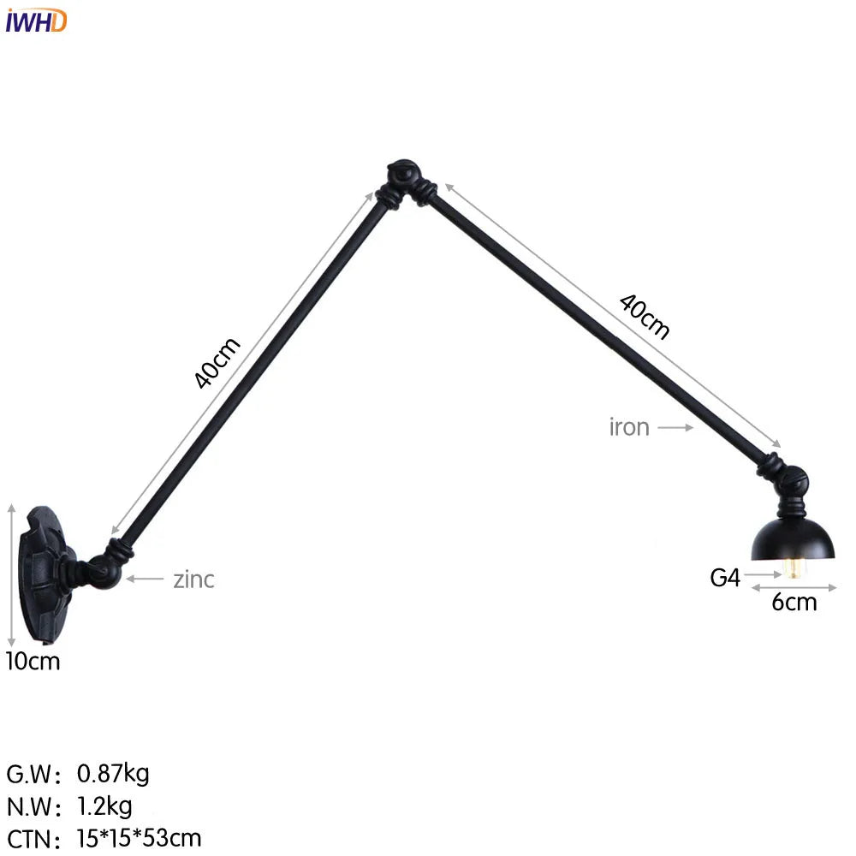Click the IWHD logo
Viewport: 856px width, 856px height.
click(x=35, y=20)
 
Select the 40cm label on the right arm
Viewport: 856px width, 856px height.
click(x=645, y=316)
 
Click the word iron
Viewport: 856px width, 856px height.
click(x=629, y=427)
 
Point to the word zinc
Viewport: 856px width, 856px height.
click(x=194, y=580)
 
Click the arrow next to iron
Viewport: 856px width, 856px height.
click(x=676, y=427)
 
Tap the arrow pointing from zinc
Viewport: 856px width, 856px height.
click(x=146, y=580)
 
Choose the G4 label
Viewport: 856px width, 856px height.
click(x=724, y=578)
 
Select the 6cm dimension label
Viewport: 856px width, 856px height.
click(x=794, y=602)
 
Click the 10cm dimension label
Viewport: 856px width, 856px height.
click(x=33, y=661)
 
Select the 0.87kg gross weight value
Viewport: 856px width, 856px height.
click(x=113, y=774)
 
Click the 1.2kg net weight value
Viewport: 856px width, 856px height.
click(x=104, y=805)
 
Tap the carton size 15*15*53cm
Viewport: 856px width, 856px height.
click(x=139, y=837)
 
